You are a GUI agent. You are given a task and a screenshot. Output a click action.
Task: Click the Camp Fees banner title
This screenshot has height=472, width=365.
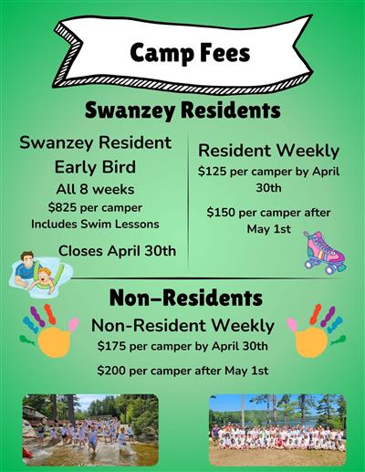click(x=190, y=53)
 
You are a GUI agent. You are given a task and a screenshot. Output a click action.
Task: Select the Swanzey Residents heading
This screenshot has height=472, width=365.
click(x=182, y=111)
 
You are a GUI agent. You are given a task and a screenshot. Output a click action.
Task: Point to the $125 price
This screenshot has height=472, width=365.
click(x=214, y=171)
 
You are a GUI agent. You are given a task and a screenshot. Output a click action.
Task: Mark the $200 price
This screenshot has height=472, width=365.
click(x=113, y=371)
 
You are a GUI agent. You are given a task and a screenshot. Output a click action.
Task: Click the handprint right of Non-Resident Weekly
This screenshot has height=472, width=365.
click(x=316, y=330)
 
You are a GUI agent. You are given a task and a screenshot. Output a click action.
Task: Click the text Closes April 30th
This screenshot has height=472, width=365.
click(x=118, y=250)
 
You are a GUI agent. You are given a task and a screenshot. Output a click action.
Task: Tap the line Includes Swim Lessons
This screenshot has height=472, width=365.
click(x=95, y=224)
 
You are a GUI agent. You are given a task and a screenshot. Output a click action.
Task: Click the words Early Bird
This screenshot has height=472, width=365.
click(x=96, y=168)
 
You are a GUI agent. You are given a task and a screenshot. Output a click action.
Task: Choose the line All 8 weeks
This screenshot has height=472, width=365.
click(x=95, y=189)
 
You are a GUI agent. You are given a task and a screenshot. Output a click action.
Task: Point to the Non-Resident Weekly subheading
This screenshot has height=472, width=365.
click(x=182, y=325)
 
